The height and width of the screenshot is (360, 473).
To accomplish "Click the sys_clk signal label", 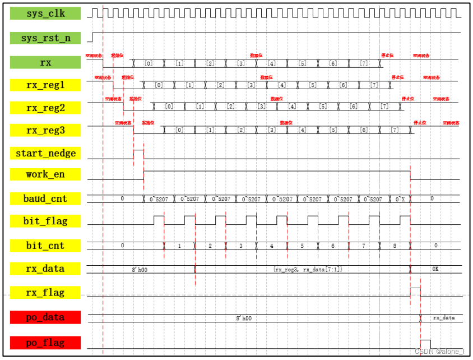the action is pos(45,13).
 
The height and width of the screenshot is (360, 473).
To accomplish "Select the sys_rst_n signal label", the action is pos(45,38).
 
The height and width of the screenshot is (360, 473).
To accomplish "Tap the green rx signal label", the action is pos(45,62).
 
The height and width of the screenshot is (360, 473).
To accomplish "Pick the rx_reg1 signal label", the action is pos(45,85).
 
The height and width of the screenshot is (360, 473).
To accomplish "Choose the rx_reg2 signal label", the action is pos(45,108).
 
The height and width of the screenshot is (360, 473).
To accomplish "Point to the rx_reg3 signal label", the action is pos(45,130).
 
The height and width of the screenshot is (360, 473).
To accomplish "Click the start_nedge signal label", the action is pos(45,153).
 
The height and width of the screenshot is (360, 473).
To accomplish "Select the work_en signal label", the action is pos(45,174).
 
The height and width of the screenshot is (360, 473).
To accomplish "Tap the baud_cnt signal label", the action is pos(45,199).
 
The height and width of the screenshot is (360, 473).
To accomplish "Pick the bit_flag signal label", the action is pos(45,221).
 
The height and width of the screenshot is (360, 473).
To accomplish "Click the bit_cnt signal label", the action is pos(45,246).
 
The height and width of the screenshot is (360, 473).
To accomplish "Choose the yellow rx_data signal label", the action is pos(45,269).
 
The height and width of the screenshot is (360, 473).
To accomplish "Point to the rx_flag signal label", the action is pos(45,292).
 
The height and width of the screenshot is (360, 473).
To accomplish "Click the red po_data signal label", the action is pos(45,317).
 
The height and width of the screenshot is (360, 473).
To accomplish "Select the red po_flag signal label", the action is pos(45,343).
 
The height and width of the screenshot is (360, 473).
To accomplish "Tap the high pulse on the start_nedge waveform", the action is pos(138,154).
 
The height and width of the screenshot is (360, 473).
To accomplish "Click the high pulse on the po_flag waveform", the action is pos(425,344).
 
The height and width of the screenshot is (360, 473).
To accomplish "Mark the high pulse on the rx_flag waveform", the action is pos(415,292).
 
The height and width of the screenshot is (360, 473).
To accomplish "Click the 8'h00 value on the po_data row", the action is pos(243,318).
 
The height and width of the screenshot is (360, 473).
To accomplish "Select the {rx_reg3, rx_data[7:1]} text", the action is pos(308,270).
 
